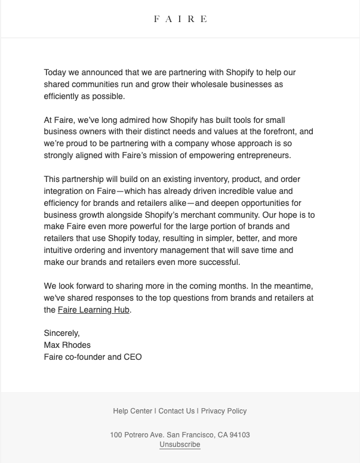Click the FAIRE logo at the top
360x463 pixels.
180,19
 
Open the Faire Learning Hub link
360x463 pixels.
94,310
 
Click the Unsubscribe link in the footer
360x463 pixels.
180,445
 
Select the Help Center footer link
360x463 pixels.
133,411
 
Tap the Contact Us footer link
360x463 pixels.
177,411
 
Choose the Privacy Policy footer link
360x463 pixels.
224,411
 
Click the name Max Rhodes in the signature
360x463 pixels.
67,345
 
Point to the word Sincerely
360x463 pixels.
61,333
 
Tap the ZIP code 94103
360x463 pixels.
239,435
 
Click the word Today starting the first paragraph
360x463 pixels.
55,72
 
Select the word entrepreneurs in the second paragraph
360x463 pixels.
266,155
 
